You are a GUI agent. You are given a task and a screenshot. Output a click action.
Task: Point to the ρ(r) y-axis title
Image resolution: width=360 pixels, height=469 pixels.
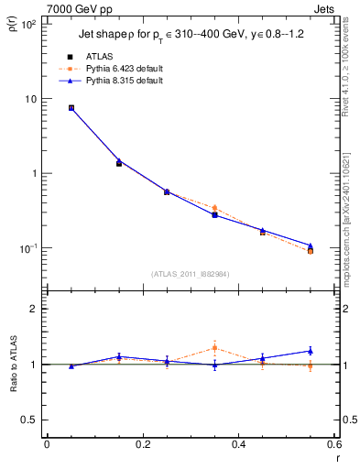coord(13,27)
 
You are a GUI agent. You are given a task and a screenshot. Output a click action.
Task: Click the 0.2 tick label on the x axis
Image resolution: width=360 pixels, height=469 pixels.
coord(142,444)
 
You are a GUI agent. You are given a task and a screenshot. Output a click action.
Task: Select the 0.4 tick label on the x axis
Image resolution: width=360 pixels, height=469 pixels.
coord(238,444)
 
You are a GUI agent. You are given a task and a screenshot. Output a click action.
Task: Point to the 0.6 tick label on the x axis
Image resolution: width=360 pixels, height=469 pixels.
coord(333,444)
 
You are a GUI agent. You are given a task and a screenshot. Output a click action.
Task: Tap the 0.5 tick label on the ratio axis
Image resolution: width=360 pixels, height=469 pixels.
coord(29,420)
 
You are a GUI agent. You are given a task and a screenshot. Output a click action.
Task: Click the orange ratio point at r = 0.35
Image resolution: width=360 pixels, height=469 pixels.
coord(214,347)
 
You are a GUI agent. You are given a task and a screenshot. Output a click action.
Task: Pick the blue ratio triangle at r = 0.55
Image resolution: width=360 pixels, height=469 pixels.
coord(311,350)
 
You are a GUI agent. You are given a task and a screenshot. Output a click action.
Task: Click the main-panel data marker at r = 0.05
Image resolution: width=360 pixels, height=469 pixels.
coord(71,107)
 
